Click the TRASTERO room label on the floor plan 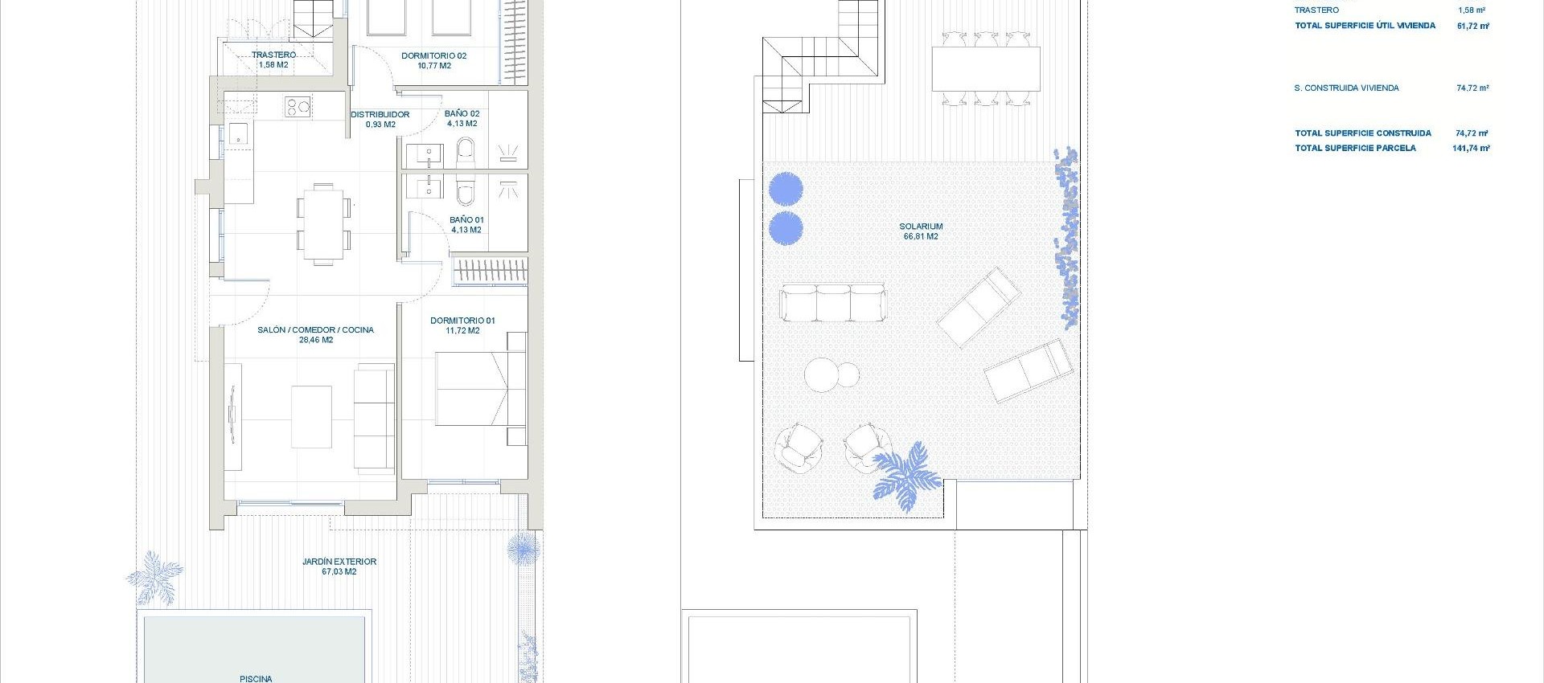pyautogui.click(x=273, y=59)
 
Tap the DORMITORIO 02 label pyautogui.click(x=433, y=60)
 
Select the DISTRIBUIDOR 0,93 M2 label pyautogui.click(x=380, y=119)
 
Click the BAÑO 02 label pyautogui.click(x=462, y=118)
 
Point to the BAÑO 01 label pyautogui.click(x=466, y=224)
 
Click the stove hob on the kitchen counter pyautogui.click(x=298, y=106)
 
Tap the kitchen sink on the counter pyautogui.click(x=239, y=133)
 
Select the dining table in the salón pyautogui.click(x=322, y=223)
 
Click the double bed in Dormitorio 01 pyautogui.click(x=474, y=390)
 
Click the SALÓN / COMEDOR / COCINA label pyautogui.click(x=315, y=334)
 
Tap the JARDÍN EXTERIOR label pyautogui.click(x=339, y=566)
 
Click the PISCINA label pyautogui.click(x=256, y=678)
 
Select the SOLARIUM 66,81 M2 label pyautogui.click(x=921, y=231)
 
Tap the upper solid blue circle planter pyautogui.click(x=786, y=190)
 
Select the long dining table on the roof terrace pyautogui.click(x=986, y=69)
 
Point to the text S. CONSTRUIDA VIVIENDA pyautogui.click(x=1346, y=88)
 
